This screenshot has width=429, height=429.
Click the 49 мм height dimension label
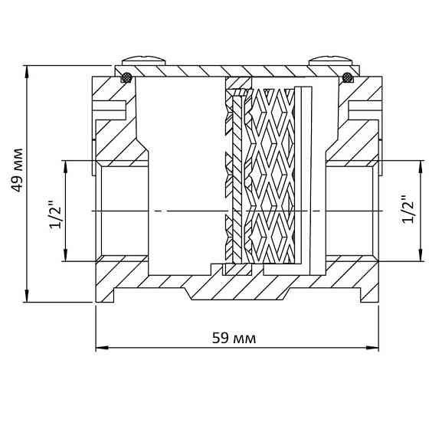17,170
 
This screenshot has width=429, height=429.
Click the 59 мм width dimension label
234,338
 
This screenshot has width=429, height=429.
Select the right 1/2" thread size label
409,210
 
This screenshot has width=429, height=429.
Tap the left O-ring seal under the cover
126,77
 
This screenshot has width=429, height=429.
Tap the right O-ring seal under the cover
348,77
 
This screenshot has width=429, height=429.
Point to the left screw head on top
144,61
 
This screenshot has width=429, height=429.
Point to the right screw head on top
331,61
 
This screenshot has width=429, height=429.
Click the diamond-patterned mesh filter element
271,175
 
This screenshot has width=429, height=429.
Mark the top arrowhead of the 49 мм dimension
27,70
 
